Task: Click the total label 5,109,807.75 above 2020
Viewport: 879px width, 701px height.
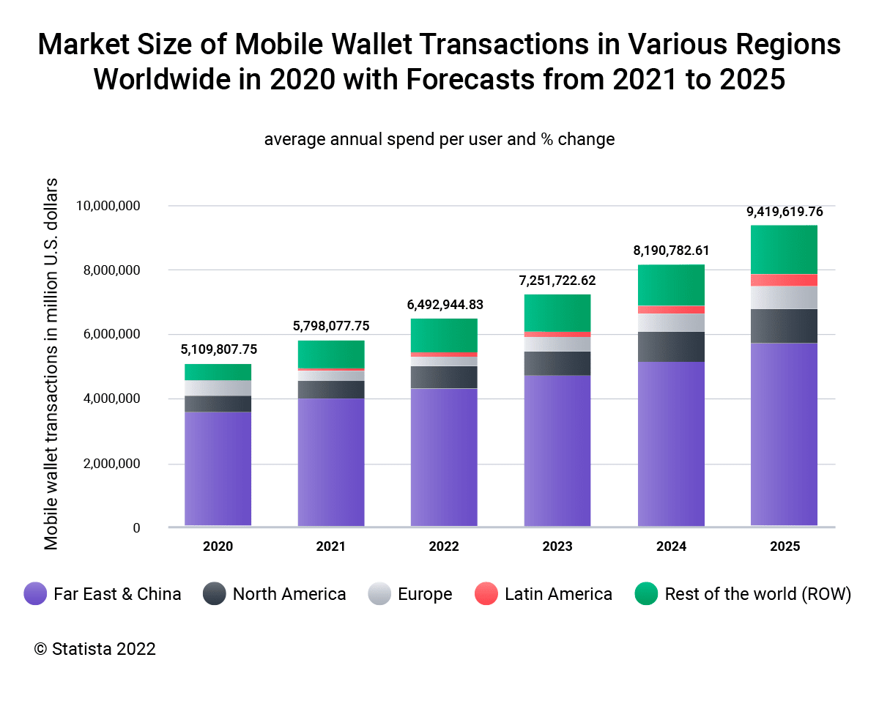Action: click(x=219, y=349)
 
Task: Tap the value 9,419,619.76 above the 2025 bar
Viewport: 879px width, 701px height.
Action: click(x=785, y=212)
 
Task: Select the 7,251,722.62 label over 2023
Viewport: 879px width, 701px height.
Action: click(x=558, y=281)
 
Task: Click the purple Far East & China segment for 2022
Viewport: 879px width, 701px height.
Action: click(x=444, y=457)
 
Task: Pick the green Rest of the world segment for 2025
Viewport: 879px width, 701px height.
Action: click(x=785, y=250)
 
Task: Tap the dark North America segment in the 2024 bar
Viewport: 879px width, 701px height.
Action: click(x=671, y=346)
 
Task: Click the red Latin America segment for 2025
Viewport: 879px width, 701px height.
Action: click(x=785, y=280)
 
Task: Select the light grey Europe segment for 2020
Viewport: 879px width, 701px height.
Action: click(x=218, y=388)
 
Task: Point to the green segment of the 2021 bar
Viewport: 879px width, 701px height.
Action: click(x=331, y=355)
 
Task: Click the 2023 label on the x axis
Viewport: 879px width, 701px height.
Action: click(x=558, y=546)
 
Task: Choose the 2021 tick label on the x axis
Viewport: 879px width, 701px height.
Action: click(x=331, y=546)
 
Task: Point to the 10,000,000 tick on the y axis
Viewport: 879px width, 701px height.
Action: click(x=108, y=206)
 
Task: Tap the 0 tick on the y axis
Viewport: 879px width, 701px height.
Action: click(x=136, y=528)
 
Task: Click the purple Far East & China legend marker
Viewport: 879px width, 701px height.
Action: click(x=35, y=594)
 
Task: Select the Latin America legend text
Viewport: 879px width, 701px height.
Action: click(x=558, y=594)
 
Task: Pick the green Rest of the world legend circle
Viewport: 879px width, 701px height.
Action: click(x=646, y=594)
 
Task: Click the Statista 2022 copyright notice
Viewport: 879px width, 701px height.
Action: click(x=95, y=649)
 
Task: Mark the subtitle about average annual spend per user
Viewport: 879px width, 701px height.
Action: click(x=439, y=139)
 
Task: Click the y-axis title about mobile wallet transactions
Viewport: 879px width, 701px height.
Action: click(x=51, y=363)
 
